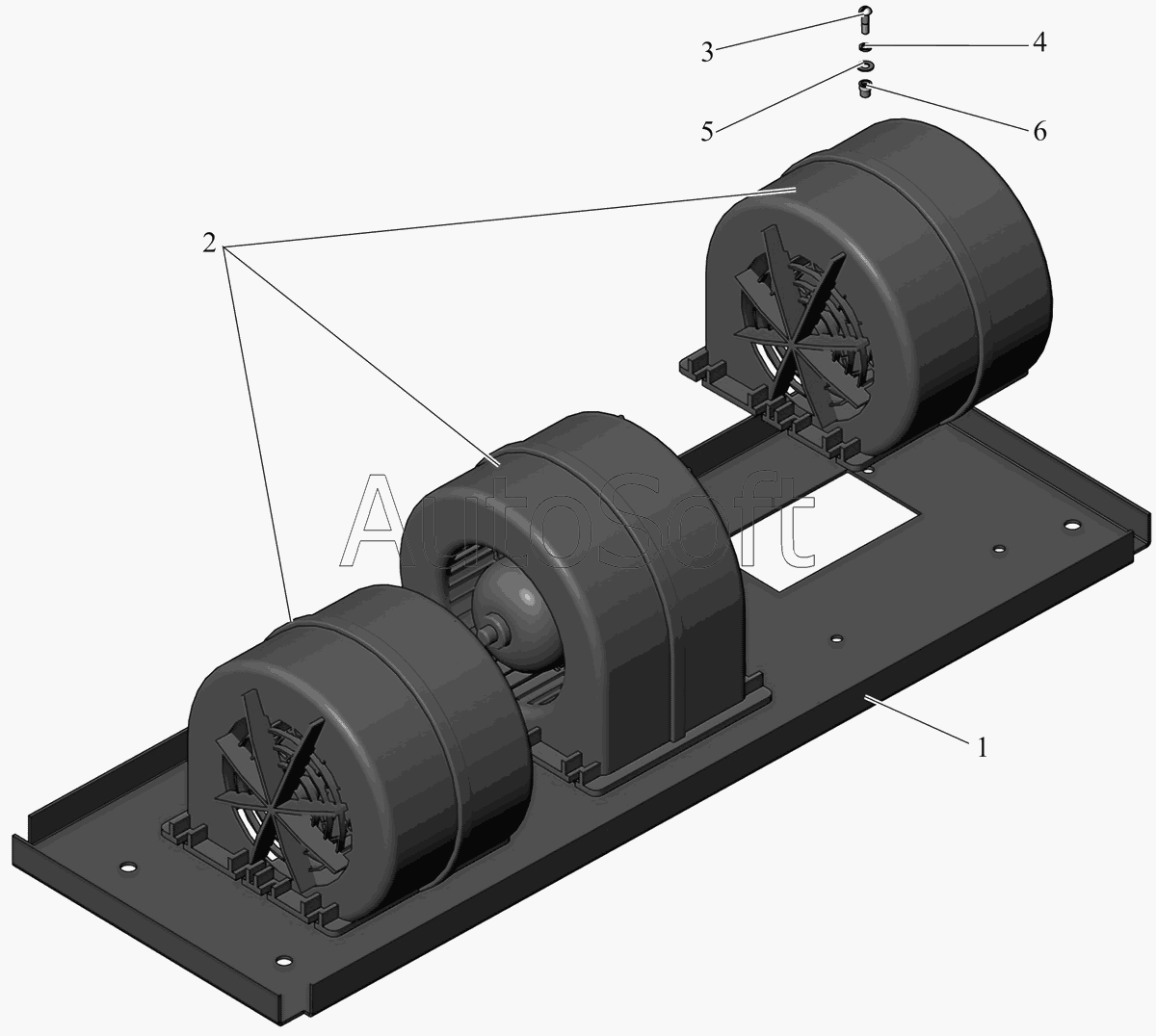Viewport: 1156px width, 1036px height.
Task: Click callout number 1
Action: (982, 748)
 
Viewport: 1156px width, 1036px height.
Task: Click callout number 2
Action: (209, 244)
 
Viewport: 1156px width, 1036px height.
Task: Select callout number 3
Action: (707, 53)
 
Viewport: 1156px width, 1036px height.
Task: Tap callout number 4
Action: (1039, 42)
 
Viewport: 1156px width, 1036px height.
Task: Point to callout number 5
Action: (707, 132)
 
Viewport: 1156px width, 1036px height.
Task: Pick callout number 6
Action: (1040, 132)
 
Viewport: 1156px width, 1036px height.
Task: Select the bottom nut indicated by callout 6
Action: (866, 90)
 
